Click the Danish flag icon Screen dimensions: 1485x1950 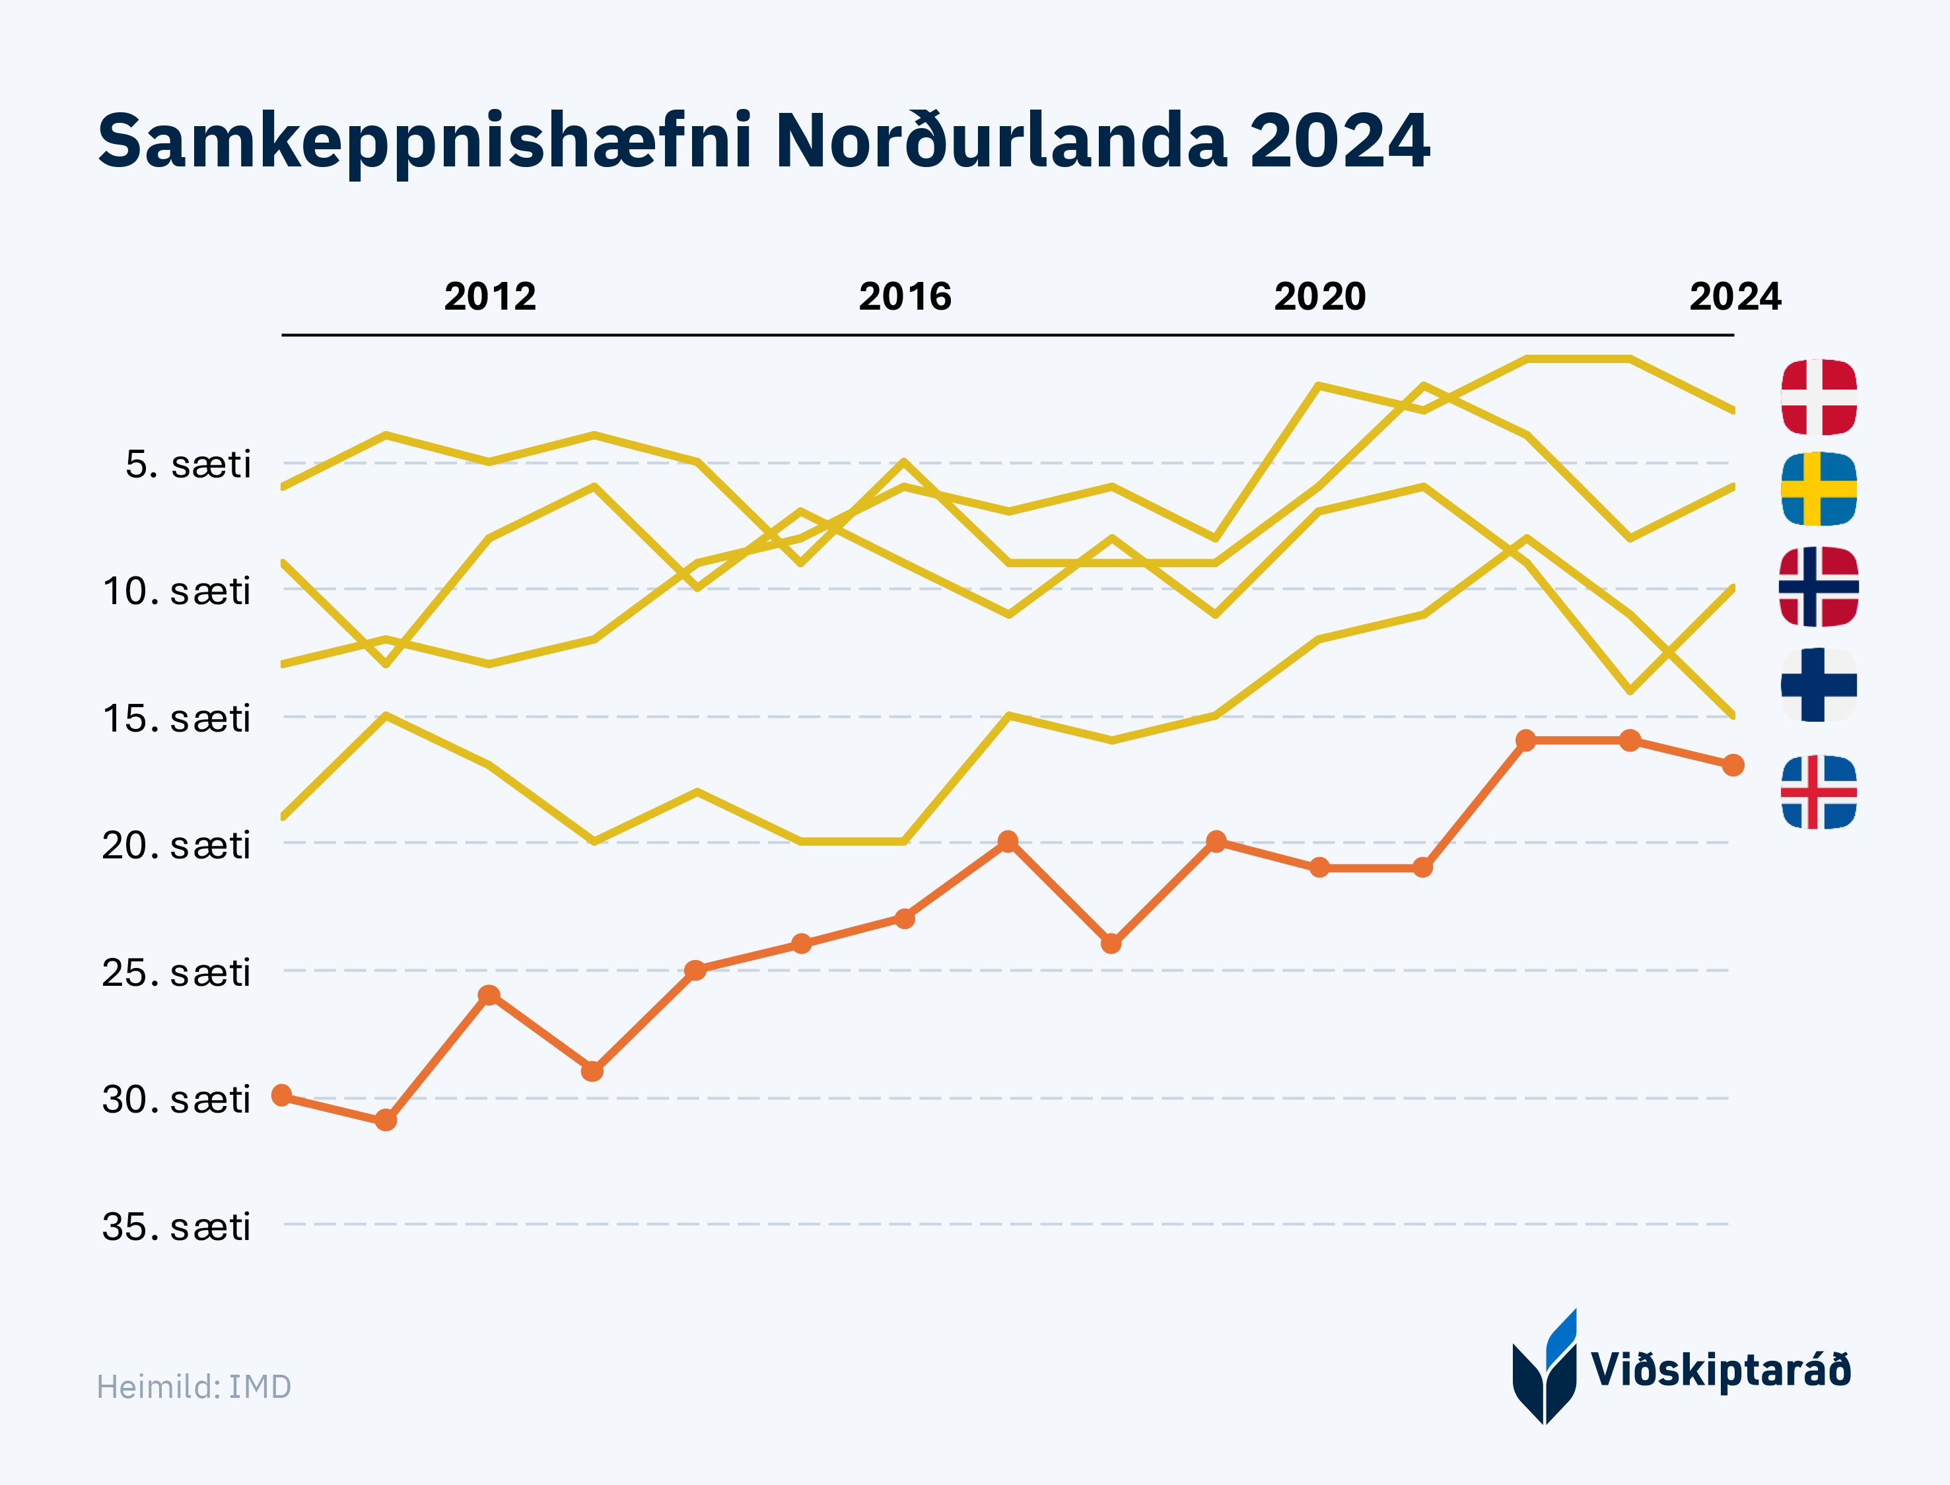pos(1819,397)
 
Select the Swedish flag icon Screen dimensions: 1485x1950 pos(1819,489)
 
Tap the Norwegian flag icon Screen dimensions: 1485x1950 pos(1819,587)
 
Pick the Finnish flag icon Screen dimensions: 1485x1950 pos(1819,685)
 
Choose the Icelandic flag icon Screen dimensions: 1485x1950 pos(1819,792)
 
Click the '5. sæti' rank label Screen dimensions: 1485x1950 pos(188,464)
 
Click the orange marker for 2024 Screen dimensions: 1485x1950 pos(1733,765)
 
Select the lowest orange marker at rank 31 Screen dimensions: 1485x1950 pos(386,1121)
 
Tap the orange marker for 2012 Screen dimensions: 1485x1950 pos(489,995)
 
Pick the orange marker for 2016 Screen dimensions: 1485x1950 pos(904,919)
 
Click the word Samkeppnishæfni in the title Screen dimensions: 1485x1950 pos(425,141)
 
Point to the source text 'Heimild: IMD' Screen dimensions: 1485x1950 pos(193,1387)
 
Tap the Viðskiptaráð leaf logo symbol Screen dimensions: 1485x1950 pos(1545,1368)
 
